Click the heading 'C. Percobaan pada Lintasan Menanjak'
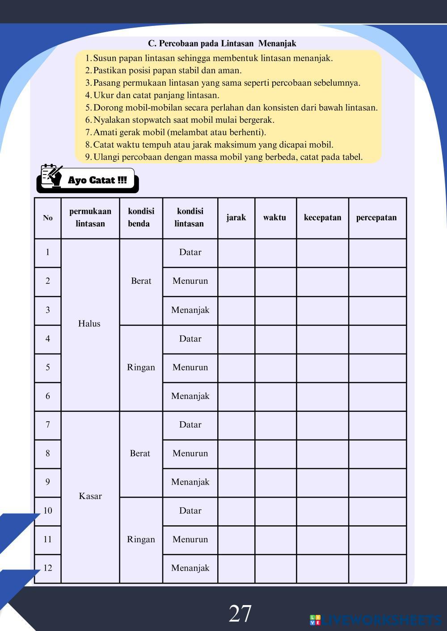click(222, 43)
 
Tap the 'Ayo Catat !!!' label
click(97, 180)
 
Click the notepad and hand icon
click(51, 175)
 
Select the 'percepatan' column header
click(376, 218)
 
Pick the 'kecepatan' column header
click(322, 218)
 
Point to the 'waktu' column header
click(274, 218)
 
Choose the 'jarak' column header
click(236, 218)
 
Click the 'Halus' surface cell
click(89, 324)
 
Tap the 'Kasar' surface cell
click(90, 496)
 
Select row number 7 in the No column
click(48, 425)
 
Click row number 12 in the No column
click(48, 568)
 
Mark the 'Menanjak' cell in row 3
click(190, 310)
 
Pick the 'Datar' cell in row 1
click(190, 253)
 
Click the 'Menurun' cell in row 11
click(190, 540)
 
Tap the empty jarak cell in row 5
click(236, 368)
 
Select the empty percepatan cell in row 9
click(377, 482)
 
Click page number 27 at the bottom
click(240, 614)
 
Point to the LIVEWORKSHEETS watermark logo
click(375, 620)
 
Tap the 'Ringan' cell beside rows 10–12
click(141, 540)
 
